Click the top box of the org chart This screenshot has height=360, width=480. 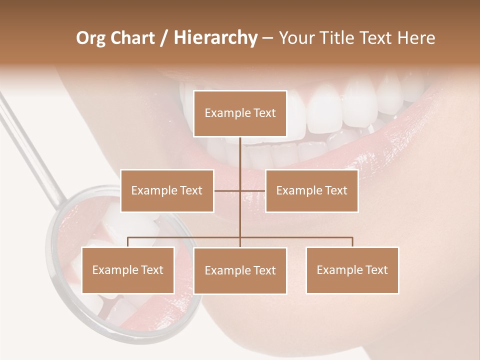point(240,113)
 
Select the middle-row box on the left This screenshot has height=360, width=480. point(167,190)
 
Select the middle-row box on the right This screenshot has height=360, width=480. point(311,190)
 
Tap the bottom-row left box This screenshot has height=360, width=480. point(127,270)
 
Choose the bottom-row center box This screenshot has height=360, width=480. point(240,270)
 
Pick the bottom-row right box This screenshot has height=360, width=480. point(352,270)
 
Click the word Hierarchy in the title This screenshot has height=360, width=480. point(215,38)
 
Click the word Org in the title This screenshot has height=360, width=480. point(91,38)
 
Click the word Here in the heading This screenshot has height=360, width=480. point(415,38)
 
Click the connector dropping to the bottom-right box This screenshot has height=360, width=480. point(352,242)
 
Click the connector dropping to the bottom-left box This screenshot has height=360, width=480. point(127,242)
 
